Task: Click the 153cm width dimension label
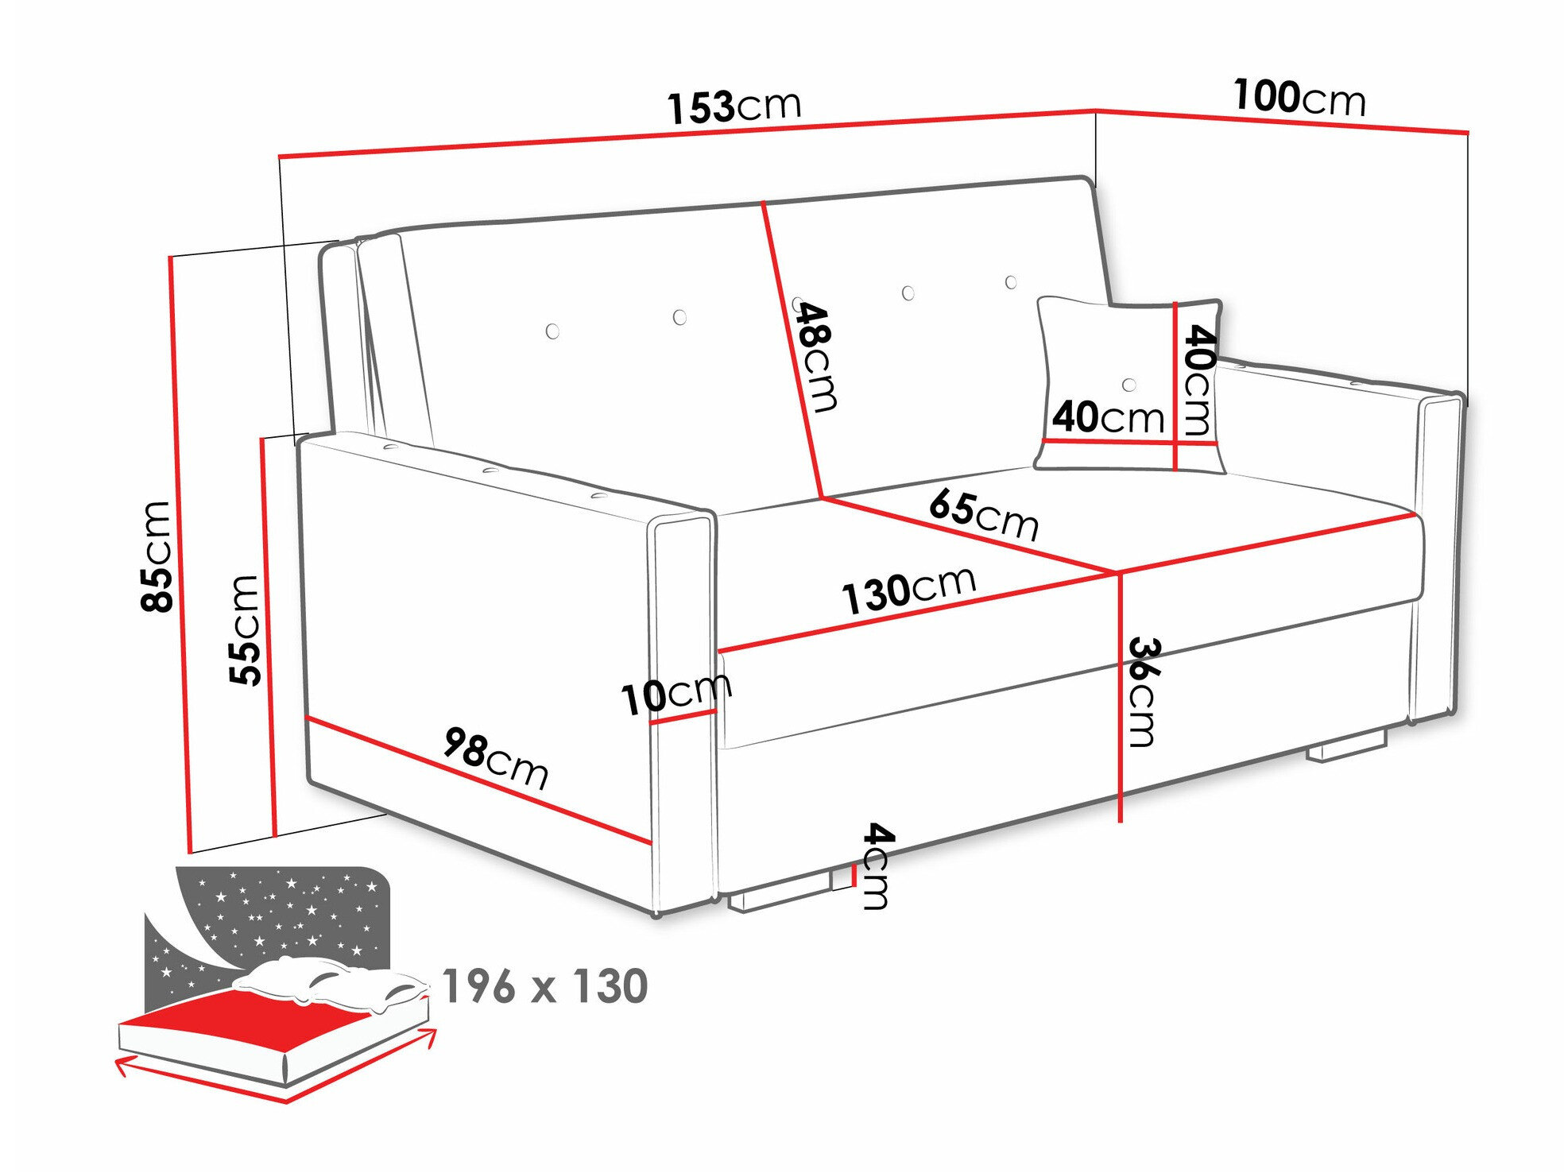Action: click(734, 107)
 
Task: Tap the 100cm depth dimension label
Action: click(1299, 99)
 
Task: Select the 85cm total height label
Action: click(157, 556)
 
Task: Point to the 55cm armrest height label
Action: click(245, 629)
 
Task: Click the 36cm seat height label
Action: click(1143, 691)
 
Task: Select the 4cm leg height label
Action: click(877, 865)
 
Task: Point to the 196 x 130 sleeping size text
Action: click(545, 986)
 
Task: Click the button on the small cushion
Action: click(1129, 385)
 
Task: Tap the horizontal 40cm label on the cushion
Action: click(1108, 417)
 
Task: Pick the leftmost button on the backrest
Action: click(552, 331)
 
